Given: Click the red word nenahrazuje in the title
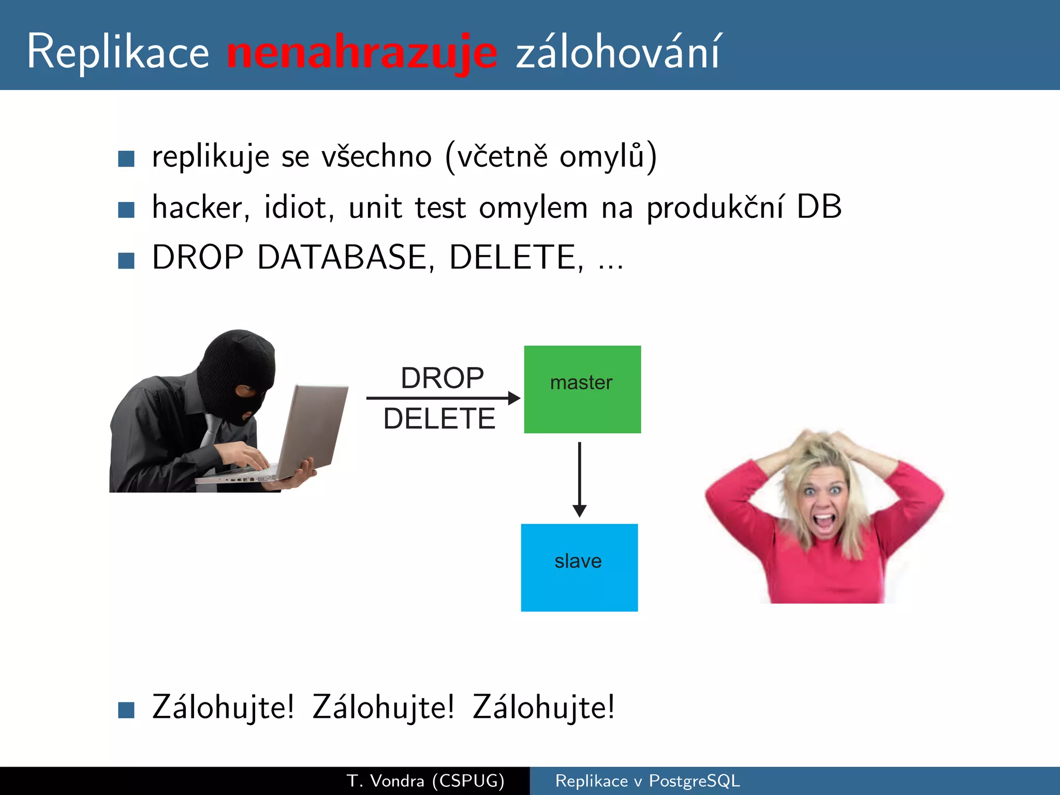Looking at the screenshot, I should click(x=362, y=53).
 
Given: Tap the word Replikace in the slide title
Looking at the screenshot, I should click(x=118, y=52).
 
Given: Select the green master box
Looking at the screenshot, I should click(x=582, y=389).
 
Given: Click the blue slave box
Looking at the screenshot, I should click(x=579, y=567).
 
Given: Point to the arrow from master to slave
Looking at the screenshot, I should click(x=580, y=479).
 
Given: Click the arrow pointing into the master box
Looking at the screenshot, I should click(x=443, y=398).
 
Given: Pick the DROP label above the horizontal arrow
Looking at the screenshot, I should click(x=442, y=378).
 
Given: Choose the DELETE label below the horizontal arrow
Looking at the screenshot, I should click(x=439, y=418).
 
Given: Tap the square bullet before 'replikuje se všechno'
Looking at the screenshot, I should click(x=126, y=159).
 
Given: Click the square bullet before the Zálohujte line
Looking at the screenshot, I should click(x=126, y=710).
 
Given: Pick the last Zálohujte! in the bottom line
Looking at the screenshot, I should click(x=543, y=707).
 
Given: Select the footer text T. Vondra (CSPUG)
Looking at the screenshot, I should click(x=425, y=781).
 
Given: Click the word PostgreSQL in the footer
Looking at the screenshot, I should click(x=694, y=781).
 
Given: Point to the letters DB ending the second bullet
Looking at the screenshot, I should click(x=819, y=207).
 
